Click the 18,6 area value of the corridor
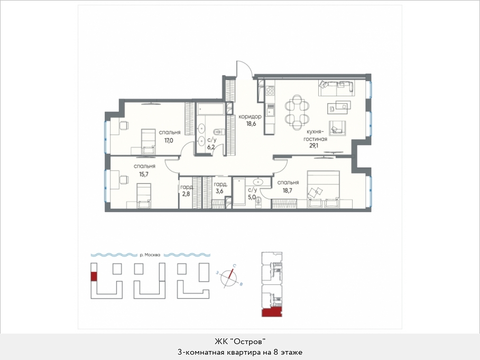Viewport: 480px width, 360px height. (251, 124)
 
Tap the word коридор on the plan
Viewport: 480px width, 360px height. (250, 117)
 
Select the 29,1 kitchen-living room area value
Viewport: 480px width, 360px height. (313, 146)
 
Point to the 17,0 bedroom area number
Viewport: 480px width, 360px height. (169, 141)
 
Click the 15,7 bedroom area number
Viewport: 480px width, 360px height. (144, 174)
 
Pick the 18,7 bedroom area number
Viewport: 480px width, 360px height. (288, 190)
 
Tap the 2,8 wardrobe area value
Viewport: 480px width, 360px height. (186, 195)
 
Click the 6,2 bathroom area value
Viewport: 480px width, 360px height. (211, 147)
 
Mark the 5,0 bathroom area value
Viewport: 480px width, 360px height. (252, 197)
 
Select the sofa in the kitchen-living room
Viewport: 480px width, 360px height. (336, 88)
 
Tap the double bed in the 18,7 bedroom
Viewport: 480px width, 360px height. (324, 189)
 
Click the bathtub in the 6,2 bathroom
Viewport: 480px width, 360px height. (211, 109)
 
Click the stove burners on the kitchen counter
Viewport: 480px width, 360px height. (270, 90)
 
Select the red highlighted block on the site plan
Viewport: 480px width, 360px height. (94, 276)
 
